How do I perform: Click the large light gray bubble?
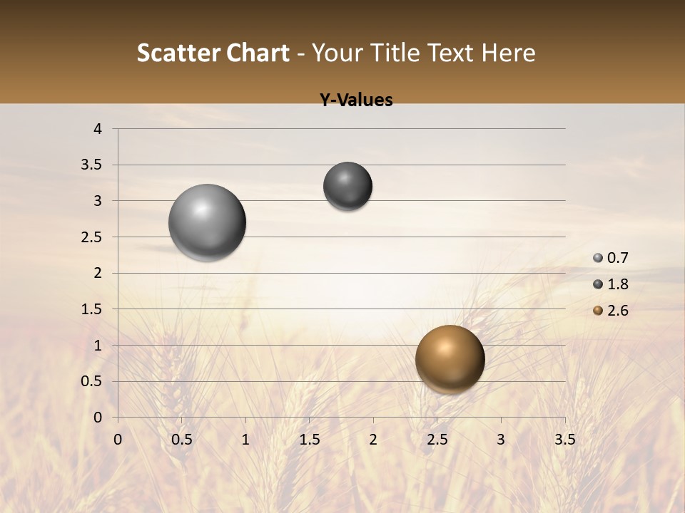pos(208,222)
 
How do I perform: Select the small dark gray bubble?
pos(347,186)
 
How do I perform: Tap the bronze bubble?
pos(450,359)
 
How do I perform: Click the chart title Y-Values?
pos(355,100)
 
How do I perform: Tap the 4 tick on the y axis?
pos(98,129)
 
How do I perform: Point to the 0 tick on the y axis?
pos(98,418)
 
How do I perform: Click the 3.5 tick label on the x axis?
pos(564,440)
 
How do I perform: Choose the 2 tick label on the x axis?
pos(373,440)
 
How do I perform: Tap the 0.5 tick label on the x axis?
pos(182,440)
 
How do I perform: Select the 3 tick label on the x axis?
pos(501,440)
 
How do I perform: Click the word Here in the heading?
pos(508,53)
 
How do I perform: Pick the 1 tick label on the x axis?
pos(245,440)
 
